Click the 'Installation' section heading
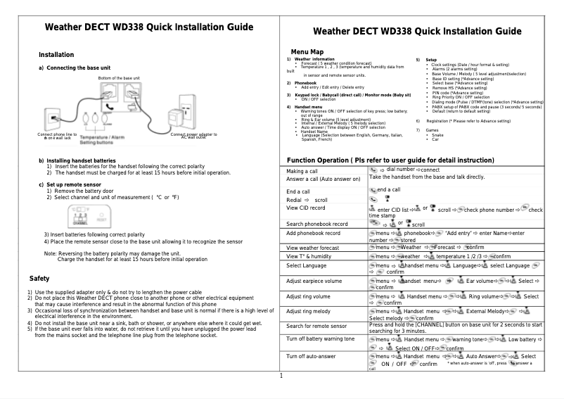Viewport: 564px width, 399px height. (x=56, y=54)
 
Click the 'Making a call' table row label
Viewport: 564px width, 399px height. (x=303, y=172)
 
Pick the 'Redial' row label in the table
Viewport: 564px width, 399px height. (x=298, y=201)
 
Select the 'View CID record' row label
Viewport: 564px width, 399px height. (x=306, y=208)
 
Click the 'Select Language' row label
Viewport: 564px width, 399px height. (x=307, y=265)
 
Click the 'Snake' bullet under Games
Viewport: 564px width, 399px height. (x=437, y=135)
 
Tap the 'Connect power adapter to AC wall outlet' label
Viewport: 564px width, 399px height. (x=193, y=136)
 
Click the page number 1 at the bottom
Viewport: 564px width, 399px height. (x=281, y=375)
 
